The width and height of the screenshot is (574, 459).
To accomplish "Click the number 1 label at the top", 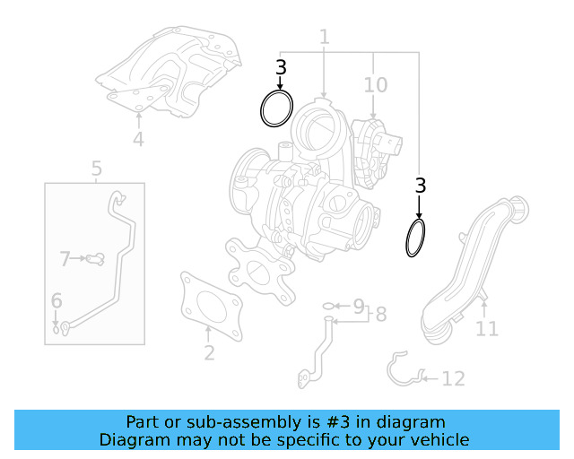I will click(x=324, y=37).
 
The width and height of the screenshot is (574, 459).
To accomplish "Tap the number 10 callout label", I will click(x=375, y=85).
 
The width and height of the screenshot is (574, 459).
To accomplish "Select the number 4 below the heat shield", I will click(x=138, y=139).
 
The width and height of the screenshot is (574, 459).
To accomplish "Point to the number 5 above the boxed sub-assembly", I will click(x=96, y=168).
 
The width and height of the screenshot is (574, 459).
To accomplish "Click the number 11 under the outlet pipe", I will click(x=486, y=329).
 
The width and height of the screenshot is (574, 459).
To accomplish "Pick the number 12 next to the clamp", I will click(x=453, y=378).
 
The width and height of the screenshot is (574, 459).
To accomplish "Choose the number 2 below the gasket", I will click(x=209, y=352).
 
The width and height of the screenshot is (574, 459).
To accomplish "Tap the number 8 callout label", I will click(x=380, y=314).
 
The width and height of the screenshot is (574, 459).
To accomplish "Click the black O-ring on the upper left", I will click(x=276, y=108).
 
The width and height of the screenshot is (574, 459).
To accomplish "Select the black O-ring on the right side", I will click(x=415, y=238).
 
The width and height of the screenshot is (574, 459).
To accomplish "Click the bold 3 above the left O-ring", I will click(x=281, y=67).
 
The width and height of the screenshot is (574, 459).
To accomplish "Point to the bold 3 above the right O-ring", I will click(x=420, y=186).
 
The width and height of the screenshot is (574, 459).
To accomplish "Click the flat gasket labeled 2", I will click(x=210, y=305).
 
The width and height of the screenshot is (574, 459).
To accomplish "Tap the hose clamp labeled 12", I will click(x=404, y=369).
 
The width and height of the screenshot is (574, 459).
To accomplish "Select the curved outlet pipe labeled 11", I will click(x=471, y=269).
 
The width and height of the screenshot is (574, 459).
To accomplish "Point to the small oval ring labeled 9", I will click(x=329, y=307).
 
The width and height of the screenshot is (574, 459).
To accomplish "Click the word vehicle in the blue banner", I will click(x=436, y=440).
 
